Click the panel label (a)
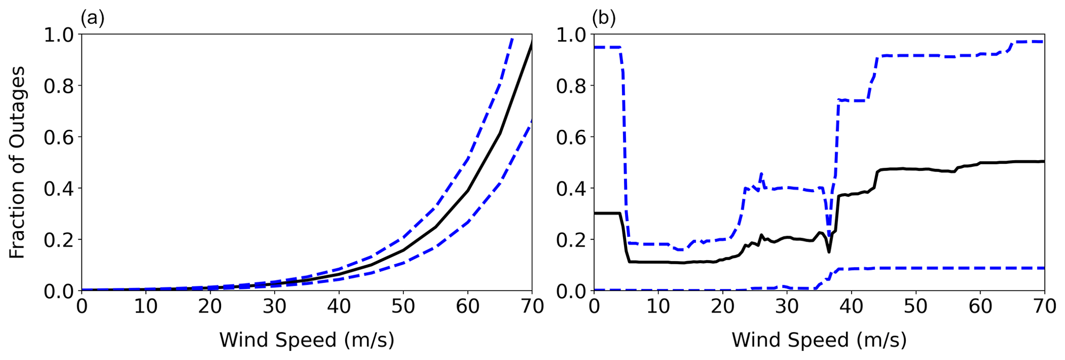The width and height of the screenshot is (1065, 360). [x=93, y=19]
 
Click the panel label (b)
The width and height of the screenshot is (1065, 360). [x=604, y=19]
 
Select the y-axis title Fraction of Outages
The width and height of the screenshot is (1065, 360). [x=18, y=162]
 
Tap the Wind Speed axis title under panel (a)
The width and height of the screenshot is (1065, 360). [x=307, y=340]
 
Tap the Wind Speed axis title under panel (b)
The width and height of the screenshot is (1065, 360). [x=819, y=340]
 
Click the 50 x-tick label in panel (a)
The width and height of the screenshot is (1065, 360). [x=403, y=307]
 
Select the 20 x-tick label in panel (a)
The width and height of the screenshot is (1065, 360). [x=210, y=307]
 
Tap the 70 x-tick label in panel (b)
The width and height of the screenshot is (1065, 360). [x=1044, y=307]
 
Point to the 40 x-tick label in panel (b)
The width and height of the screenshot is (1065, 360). [x=851, y=307]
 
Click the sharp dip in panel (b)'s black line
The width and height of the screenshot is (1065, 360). [x=829, y=251]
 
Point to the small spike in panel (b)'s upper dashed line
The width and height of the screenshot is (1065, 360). [x=761, y=174]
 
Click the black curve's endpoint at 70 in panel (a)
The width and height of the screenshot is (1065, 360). [x=531, y=44]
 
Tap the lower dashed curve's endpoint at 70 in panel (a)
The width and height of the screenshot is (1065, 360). [x=531, y=121]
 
